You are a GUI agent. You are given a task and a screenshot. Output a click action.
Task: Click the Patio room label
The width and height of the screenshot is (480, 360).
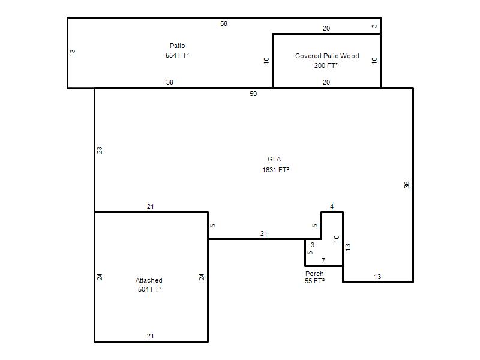[x=177, y=46]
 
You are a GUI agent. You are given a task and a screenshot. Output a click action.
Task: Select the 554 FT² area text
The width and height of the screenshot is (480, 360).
[x=177, y=55]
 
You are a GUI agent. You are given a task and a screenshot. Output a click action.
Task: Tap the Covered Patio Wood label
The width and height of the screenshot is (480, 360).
[x=327, y=56]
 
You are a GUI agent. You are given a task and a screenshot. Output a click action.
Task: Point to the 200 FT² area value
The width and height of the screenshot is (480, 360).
[x=326, y=65]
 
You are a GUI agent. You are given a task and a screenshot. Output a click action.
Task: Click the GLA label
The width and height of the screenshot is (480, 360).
[x=274, y=159]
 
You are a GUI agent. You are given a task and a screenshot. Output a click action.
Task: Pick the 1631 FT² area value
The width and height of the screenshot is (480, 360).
[x=275, y=170]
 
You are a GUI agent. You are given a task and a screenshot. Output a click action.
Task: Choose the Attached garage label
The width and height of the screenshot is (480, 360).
[x=149, y=280]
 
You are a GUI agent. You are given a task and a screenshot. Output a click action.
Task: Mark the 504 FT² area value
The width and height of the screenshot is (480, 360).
[x=149, y=289]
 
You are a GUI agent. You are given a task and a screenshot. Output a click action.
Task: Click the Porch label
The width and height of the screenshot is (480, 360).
[x=314, y=274]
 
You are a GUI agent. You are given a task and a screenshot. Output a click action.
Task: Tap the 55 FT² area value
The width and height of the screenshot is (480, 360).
[x=314, y=281]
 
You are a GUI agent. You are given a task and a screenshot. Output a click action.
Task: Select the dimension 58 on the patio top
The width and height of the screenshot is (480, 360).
[x=224, y=23]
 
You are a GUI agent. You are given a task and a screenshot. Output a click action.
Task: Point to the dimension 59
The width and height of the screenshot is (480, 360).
[x=253, y=94]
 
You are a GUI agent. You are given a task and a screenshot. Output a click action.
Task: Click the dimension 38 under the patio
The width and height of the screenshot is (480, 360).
[x=170, y=82]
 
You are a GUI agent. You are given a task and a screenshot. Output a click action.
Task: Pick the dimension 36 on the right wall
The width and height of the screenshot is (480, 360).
[x=406, y=185]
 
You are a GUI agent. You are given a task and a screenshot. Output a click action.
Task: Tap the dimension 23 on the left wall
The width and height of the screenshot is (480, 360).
[x=100, y=150]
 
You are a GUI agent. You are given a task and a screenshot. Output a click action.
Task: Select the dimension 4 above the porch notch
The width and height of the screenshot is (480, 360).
[x=332, y=206]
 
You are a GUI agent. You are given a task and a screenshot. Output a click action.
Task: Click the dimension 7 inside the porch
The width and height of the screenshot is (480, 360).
[x=323, y=260]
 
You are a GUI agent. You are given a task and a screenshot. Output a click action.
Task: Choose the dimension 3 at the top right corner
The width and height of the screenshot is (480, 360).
[x=374, y=26]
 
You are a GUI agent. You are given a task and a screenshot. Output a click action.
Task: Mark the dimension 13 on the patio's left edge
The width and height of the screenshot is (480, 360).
[x=72, y=53]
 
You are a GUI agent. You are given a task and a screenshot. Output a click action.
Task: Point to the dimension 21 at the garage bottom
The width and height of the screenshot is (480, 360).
[x=151, y=336]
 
